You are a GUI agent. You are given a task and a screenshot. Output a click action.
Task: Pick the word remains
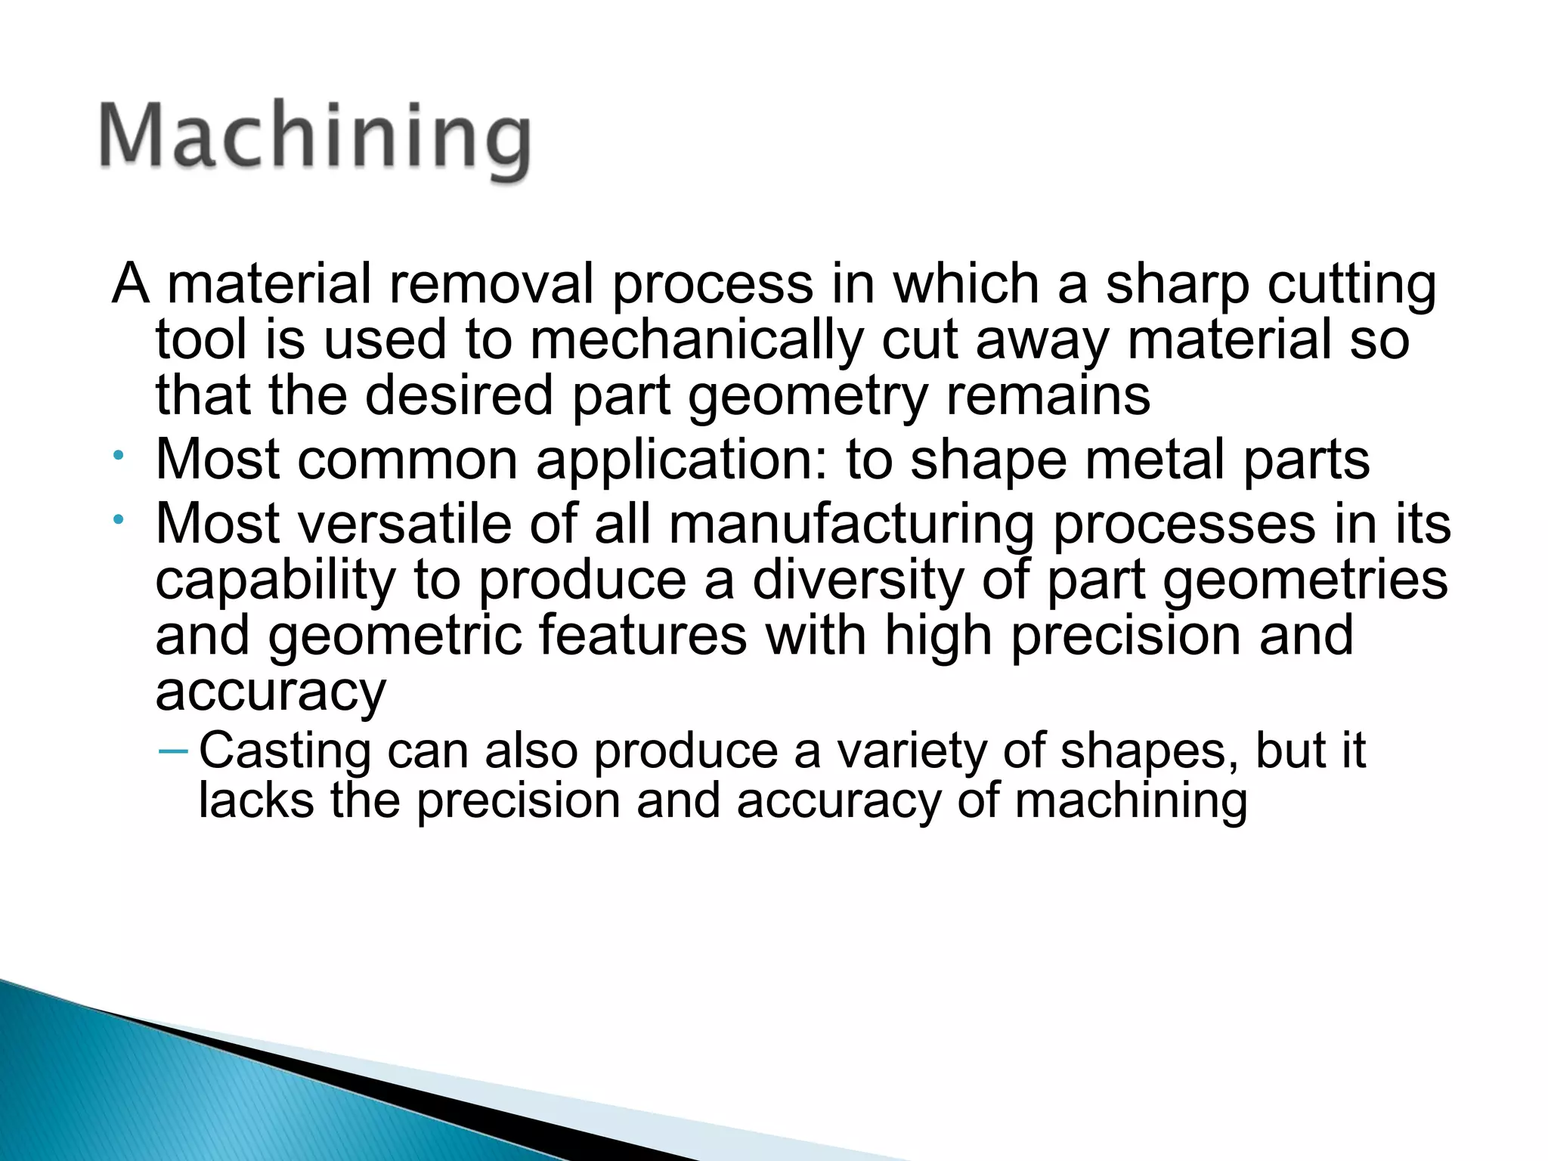click(1048, 395)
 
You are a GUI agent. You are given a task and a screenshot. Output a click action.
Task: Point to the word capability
click(275, 580)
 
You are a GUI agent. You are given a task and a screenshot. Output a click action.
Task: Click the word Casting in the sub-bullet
click(285, 751)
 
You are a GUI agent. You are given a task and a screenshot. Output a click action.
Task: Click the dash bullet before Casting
click(173, 751)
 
